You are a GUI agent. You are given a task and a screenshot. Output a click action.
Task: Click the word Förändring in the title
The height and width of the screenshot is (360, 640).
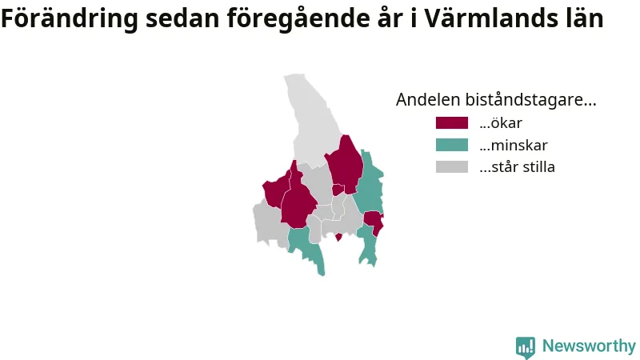(x=70, y=18)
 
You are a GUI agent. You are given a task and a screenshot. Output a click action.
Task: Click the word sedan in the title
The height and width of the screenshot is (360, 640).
(x=182, y=18)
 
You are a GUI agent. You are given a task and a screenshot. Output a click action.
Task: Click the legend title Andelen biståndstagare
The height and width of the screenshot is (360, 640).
(x=496, y=99)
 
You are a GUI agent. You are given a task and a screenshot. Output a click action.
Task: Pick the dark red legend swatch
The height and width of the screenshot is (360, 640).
(x=452, y=123)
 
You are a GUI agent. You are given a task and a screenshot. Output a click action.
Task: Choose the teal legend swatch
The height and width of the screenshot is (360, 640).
(x=452, y=145)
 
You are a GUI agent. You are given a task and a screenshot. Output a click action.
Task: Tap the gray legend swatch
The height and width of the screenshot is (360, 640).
(x=452, y=167)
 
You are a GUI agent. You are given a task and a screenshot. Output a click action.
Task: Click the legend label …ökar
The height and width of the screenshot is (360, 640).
(x=501, y=123)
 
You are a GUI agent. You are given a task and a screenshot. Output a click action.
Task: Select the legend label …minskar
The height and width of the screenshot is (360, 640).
(x=514, y=145)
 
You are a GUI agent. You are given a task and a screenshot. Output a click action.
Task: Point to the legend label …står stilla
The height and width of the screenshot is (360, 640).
(x=517, y=167)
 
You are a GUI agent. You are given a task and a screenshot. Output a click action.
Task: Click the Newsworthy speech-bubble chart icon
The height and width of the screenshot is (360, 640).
(x=526, y=347)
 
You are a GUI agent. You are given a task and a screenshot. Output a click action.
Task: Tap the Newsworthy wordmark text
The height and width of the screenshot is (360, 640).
(x=589, y=346)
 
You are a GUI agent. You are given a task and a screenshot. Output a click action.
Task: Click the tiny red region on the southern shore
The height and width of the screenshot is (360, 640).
(x=338, y=237)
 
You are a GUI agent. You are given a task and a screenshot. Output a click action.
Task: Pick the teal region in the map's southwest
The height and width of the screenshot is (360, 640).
(x=306, y=247)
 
